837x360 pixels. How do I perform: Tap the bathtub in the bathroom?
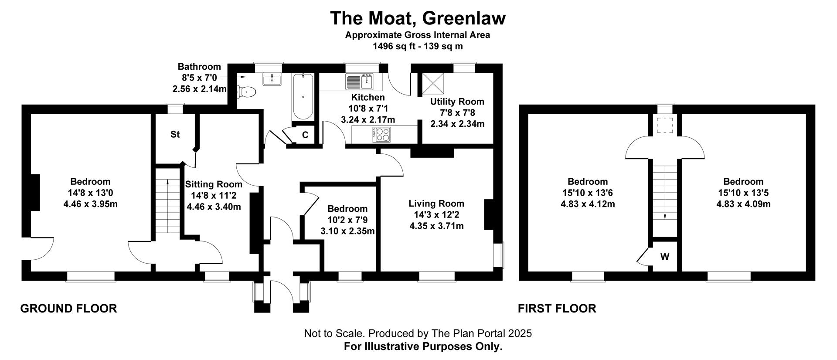[x=303, y=96]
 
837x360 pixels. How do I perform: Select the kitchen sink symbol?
[x=359, y=81]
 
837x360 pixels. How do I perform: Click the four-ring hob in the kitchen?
[x=382, y=134]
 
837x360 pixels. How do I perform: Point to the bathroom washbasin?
[x=272, y=79]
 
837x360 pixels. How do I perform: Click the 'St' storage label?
[x=175, y=135]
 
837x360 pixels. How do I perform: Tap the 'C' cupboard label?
[x=305, y=135]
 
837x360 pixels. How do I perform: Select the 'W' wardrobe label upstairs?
[x=664, y=257]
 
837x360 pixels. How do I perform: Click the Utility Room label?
[x=457, y=102]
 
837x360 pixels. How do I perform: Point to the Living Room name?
[x=436, y=204]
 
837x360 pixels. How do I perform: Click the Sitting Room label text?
[x=214, y=184]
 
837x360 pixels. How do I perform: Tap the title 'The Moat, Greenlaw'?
[x=418, y=18]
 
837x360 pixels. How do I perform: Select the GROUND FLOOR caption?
[x=69, y=309]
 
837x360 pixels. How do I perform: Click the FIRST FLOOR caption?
[x=557, y=309]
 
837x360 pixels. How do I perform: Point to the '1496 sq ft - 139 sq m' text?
[x=418, y=46]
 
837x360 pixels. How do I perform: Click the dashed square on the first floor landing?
[x=665, y=126]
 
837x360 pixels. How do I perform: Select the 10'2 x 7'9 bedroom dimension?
[x=347, y=220]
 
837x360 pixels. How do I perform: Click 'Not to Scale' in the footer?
[x=334, y=333]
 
